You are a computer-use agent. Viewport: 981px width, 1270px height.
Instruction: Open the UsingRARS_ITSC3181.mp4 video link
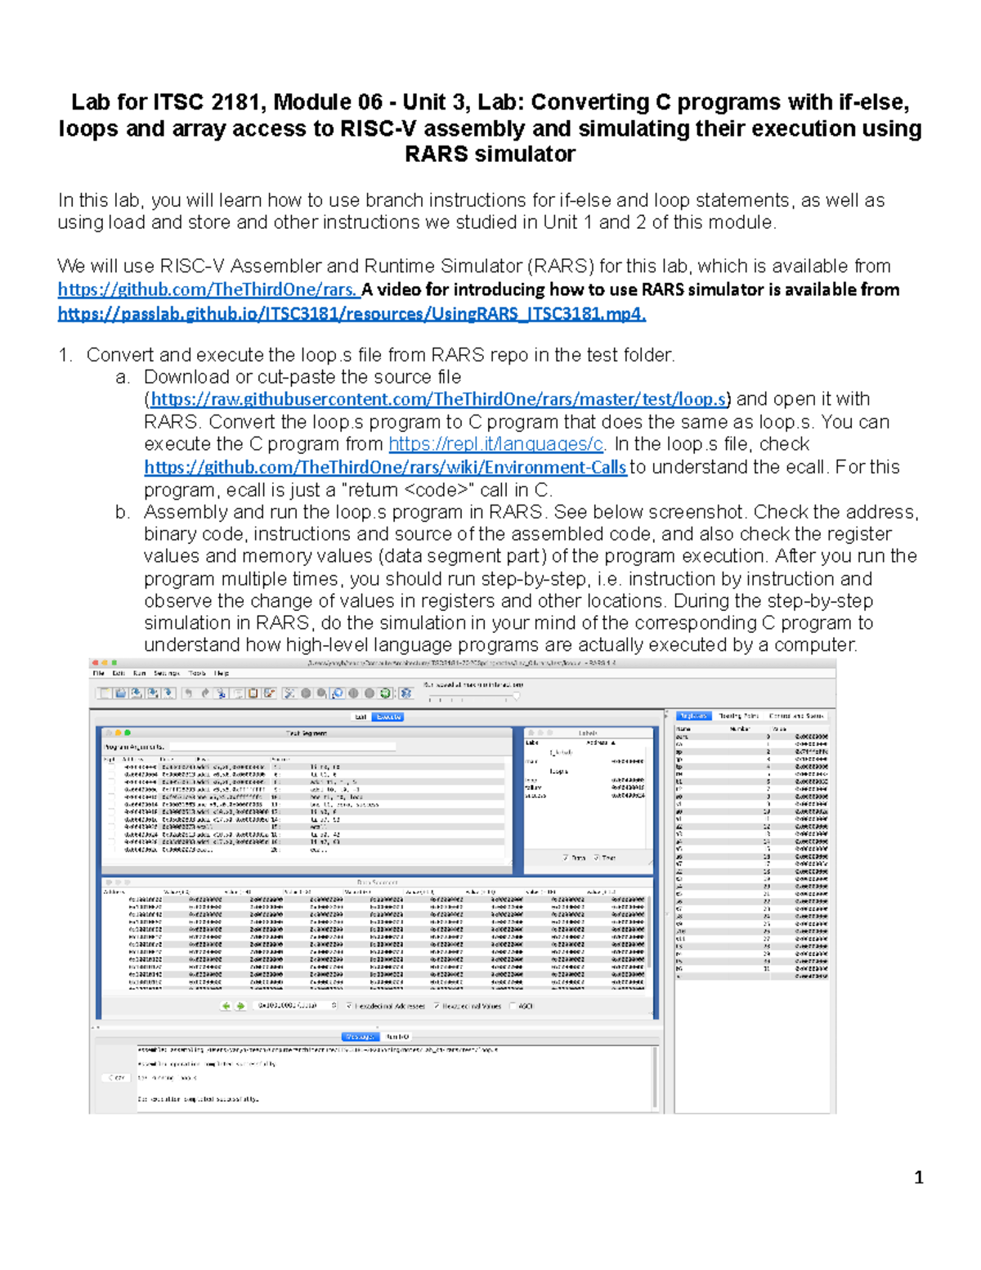[352, 314]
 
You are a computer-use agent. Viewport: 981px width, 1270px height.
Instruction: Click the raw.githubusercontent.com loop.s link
[438, 399]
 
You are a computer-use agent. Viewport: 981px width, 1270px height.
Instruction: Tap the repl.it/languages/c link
[496, 444]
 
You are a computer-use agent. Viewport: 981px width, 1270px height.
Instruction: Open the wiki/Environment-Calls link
[385, 467]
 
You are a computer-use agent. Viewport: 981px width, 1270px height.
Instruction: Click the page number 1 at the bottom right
[918, 1178]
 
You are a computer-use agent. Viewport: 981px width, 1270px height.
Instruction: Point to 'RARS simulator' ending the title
[490, 155]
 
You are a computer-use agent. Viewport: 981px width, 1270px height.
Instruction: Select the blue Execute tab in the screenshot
[388, 716]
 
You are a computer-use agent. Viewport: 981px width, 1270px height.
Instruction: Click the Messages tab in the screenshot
[360, 1036]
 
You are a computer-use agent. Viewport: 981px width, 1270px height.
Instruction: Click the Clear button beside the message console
[117, 1078]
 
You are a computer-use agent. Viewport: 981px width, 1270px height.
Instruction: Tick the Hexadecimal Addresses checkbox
[350, 1006]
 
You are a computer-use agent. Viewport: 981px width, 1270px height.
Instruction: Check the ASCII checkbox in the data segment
[513, 1006]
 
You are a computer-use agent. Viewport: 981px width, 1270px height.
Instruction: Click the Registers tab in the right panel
[692, 716]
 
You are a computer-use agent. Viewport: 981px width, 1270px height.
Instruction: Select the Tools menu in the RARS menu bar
[197, 673]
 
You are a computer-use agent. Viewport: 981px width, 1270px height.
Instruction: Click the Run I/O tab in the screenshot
[398, 1036]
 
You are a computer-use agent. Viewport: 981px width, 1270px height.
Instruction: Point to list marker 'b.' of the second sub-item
[123, 513]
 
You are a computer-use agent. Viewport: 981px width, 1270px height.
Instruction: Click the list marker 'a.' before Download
[123, 377]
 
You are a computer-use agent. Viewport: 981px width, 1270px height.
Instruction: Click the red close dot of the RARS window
[96, 662]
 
